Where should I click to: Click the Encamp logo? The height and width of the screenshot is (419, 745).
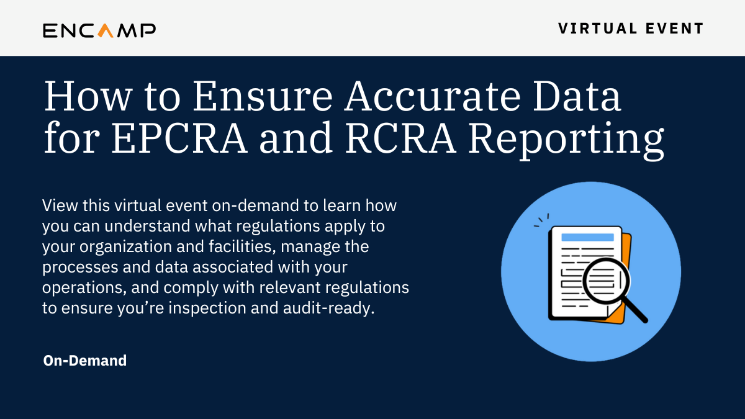[x=99, y=30]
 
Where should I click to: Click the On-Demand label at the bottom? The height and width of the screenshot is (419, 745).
[x=85, y=360]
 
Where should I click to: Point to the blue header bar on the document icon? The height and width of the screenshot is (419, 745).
[x=587, y=237]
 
